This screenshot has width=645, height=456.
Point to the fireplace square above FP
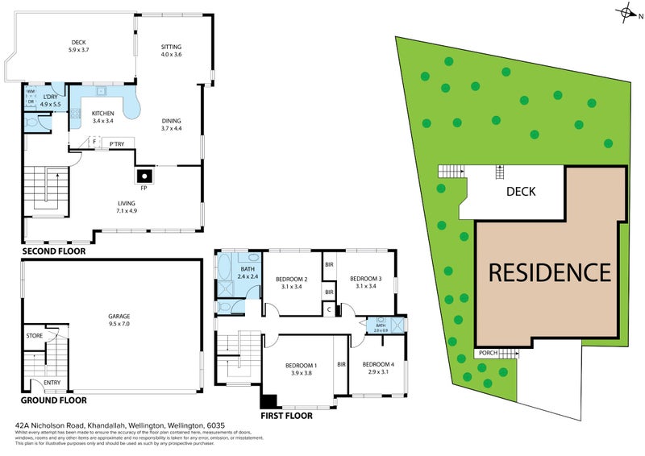(144, 176)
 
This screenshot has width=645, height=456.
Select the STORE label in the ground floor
(34, 336)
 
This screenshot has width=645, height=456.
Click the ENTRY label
(52, 383)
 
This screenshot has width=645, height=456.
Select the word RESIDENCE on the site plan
(551, 272)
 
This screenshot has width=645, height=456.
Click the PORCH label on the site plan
(488, 352)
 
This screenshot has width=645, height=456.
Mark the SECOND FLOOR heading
(53, 251)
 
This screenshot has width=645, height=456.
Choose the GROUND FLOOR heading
(55, 400)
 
